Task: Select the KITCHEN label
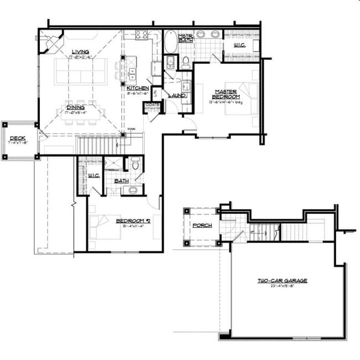click(x=137, y=88)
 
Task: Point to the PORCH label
click(x=199, y=226)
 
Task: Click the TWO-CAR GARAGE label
click(x=282, y=281)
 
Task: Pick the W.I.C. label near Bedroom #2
click(x=93, y=176)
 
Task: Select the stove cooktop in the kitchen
click(x=142, y=36)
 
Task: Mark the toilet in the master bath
click(x=186, y=61)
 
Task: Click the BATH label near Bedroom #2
click(x=121, y=181)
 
